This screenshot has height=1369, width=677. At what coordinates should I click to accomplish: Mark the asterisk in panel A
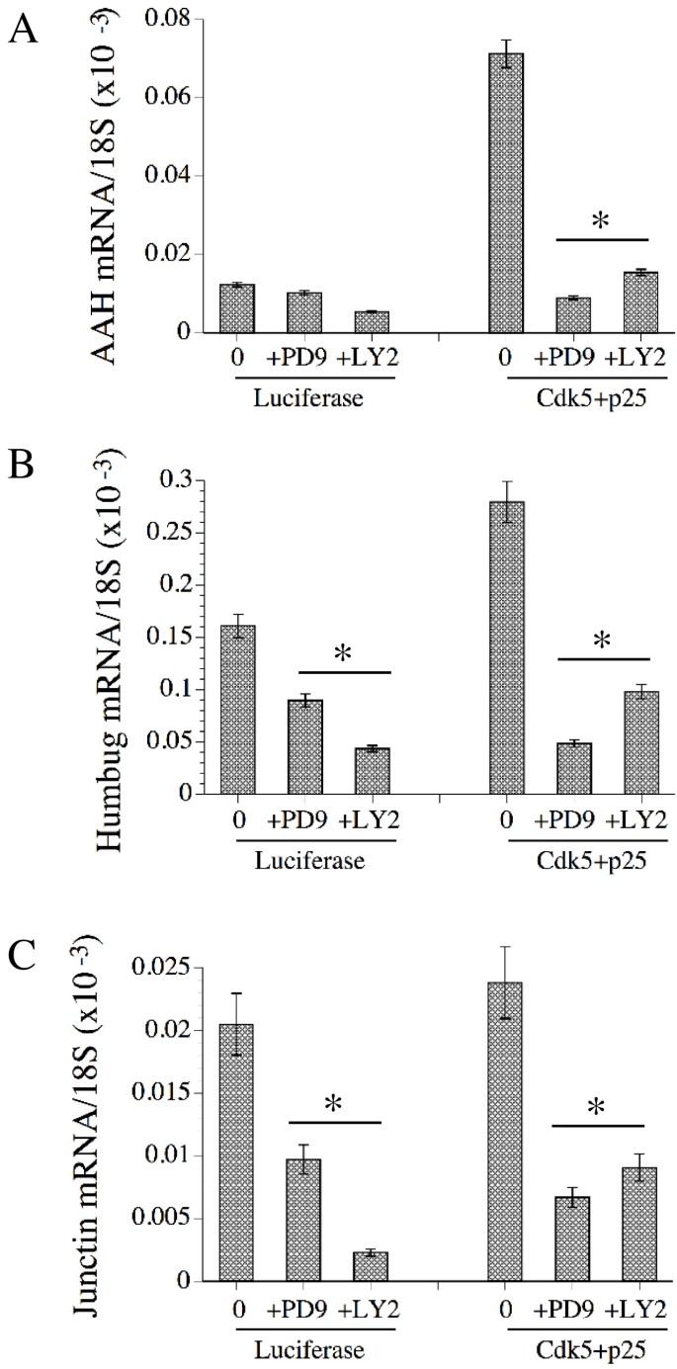[x=599, y=221]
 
